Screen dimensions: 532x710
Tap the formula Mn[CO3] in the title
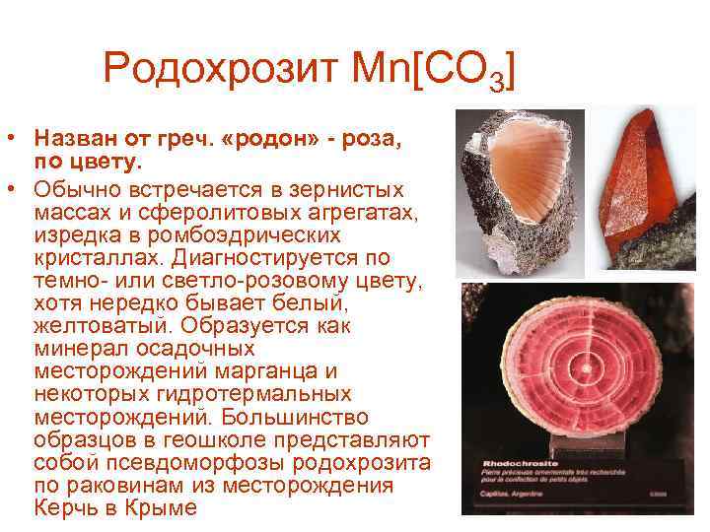(432, 71)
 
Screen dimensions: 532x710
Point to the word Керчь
(64, 508)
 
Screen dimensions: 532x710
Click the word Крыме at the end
(163, 508)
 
